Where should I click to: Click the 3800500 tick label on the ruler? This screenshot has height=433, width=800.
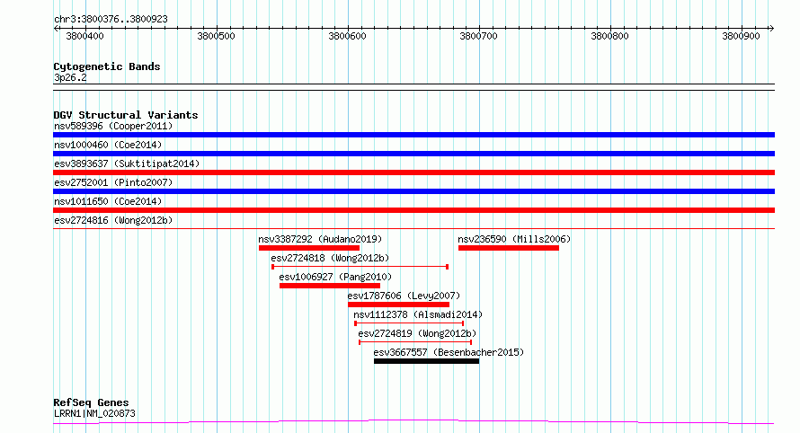(216, 36)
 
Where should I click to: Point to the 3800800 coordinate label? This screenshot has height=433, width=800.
(609, 36)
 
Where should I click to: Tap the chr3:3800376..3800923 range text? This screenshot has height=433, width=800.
(111, 20)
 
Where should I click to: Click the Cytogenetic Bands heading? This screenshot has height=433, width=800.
(107, 66)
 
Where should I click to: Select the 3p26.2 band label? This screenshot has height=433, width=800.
(70, 77)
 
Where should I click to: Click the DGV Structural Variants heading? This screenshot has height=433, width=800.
(126, 115)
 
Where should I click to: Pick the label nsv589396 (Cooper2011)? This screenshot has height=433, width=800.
(113, 126)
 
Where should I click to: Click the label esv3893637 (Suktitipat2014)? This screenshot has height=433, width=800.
(127, 163)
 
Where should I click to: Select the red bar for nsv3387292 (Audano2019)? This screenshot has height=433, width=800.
(309, 248)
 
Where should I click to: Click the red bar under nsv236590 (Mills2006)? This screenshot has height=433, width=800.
(509, 248)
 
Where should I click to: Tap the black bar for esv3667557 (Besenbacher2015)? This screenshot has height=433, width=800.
(427, 361)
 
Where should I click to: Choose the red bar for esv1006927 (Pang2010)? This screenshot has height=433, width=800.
(330, 286)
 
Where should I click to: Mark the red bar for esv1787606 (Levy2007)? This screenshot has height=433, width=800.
(398, 305)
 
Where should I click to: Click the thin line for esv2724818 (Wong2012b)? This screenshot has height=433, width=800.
(360, 266)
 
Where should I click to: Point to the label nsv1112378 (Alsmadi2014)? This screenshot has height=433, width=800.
(418, 314)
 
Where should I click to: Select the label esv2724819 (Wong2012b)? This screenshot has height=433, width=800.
(417, 333)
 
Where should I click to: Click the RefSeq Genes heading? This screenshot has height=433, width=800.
(91, 402)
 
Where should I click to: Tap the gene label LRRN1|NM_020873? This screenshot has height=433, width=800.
(95, 413)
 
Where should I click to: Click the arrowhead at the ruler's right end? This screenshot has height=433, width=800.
(772, 28)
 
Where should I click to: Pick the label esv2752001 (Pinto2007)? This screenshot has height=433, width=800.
(113, 182)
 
